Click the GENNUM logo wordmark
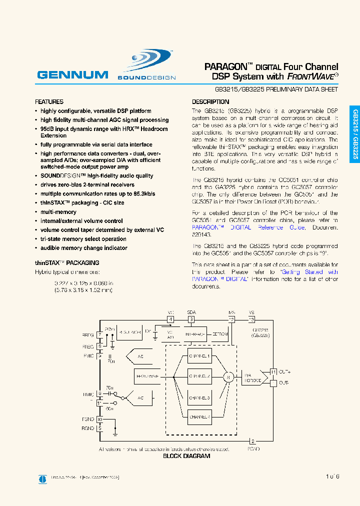[72, 75]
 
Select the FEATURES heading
[49, 101]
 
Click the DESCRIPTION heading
[210, 101]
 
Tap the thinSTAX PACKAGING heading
[67, 262]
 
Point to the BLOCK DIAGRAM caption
[186, 456]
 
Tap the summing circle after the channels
[228, 377]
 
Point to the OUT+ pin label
[284, 371]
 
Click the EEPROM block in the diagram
[220, 334]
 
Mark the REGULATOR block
[130, 332]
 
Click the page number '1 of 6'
[332, 476]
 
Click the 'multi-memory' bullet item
[59, 212]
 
